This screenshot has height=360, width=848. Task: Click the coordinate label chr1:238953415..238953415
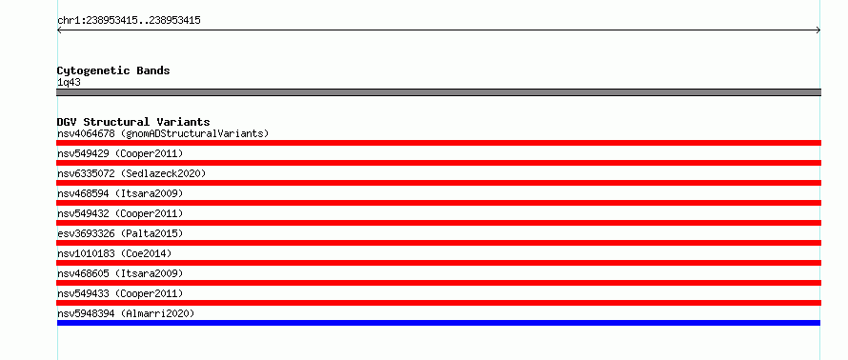coord(129,21)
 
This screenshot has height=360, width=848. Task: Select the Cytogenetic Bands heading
coord(113,70)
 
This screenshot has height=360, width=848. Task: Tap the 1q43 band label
coord(69,83)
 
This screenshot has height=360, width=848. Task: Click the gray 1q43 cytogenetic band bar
coord(438,92)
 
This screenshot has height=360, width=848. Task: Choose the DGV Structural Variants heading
coord(133,122)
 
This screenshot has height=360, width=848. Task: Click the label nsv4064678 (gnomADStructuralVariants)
coord(163,133)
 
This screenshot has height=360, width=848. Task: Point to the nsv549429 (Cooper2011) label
coord(120,153)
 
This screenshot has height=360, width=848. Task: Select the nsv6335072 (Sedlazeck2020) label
coord(131,173)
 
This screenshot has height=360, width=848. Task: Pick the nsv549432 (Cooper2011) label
coord(120,213)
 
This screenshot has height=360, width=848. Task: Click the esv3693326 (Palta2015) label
coord(120,233)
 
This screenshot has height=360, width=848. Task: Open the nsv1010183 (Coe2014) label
coord(114,253)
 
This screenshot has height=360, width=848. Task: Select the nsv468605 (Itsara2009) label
coord(120,273)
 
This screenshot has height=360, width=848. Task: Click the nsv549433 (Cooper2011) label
coord(120,293)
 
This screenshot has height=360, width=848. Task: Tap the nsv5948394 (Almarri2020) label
coord(126,313)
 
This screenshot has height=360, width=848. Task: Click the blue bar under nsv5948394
coord(438,323)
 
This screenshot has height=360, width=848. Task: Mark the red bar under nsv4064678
coord(438,143)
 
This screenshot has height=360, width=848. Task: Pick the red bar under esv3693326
coord(438,243)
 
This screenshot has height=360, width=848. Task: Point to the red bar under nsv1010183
coord(438,263)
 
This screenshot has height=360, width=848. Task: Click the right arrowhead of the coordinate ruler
coord(819,30)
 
